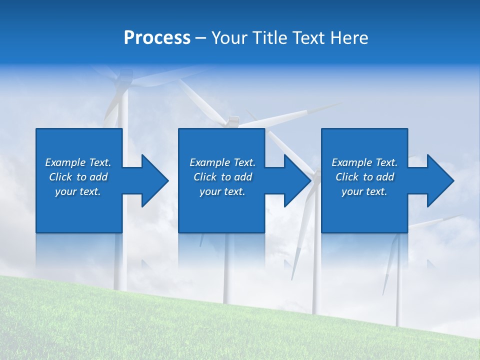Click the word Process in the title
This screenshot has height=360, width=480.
[157, 38]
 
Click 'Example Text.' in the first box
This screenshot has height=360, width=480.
[78, 162]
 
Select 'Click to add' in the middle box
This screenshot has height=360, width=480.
[222, 177]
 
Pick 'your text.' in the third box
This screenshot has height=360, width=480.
[364, 191]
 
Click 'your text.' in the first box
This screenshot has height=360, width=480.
[78, 191]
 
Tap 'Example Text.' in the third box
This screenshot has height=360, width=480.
[364, 162]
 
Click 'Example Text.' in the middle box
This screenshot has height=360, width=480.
[222, 162]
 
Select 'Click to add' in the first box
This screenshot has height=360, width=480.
[78, 177]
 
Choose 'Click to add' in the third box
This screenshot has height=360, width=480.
[364, 177]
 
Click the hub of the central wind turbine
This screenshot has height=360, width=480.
[233, 121]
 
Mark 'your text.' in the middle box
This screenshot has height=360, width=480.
[222, 191]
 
